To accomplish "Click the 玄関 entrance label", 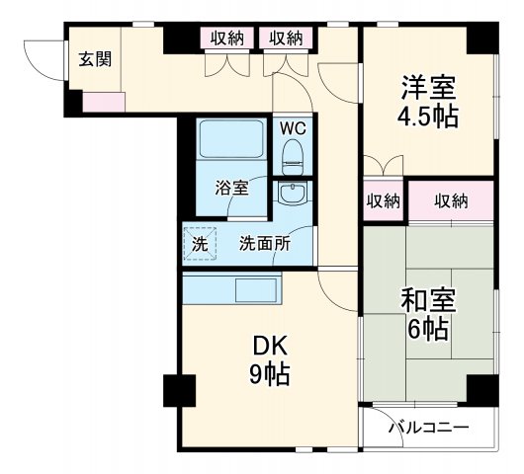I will pyautogui.click(x=95, y=57).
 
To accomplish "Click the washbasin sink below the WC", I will pyautogui.click(x=293, y=194).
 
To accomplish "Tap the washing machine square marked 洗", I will pyautogui.click(x=199, y=242).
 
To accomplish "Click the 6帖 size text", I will pyautogui.click(x=427, y=329).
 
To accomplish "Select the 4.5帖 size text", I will pyautogui.click(x=427, y=116).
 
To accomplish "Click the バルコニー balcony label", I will pyautogui.click(x=427, y=428).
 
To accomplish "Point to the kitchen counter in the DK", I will pyautogui.click(x=231, y=290).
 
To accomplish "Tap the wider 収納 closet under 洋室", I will pyautogui.click(x=450, y=201).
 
